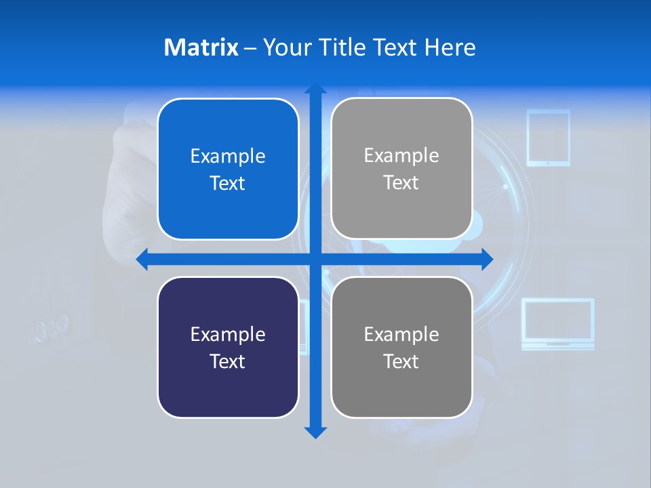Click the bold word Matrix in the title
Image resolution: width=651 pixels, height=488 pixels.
tap(201, 47)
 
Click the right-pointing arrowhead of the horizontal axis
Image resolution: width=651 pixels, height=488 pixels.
tap(486, 260)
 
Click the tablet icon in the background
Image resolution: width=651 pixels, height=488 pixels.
tap(548, 138)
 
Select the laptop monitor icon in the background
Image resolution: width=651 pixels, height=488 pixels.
tap(557, 323)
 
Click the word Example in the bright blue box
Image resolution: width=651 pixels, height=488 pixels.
tap(228, 156)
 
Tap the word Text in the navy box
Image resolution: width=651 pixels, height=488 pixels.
tap(228, 361)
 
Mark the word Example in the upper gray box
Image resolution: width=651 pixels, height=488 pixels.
tap(401, 155)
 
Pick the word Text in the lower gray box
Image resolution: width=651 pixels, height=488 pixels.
tap(401, 361)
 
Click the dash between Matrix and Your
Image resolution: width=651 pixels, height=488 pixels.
tap(250, 48)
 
